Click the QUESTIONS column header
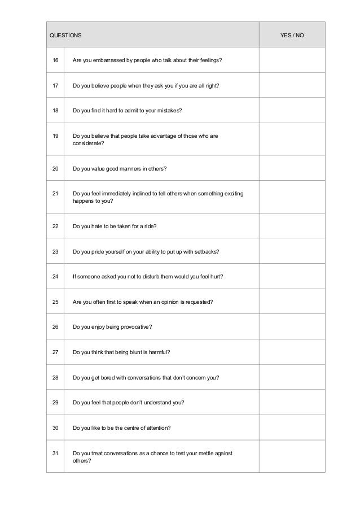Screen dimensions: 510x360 tap(65, 35)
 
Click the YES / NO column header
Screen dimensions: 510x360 tap(292, 35)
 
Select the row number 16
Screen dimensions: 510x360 tap(55, 60)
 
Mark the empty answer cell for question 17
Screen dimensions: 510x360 tap(292, 86)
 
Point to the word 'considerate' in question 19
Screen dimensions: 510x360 tap(88, 144)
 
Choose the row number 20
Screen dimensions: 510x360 tap(55, 168)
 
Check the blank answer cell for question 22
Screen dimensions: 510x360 tap(292, 226)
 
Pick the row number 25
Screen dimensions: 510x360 tap(55, 302)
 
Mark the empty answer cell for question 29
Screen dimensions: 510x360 tap(292, 403)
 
